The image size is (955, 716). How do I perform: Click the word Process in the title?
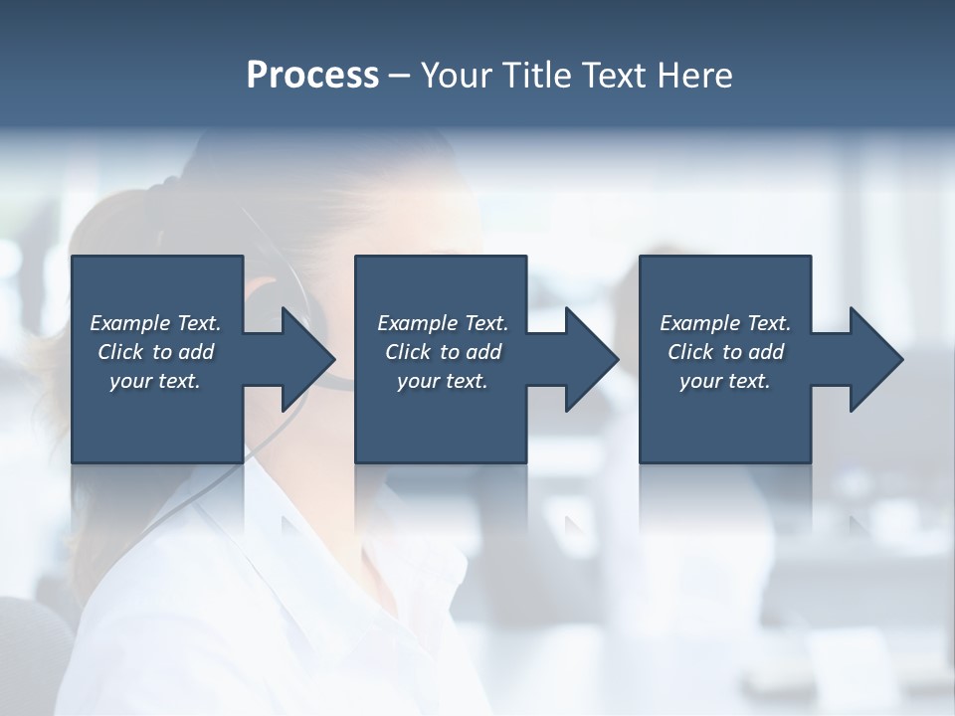click(x=312, y=76)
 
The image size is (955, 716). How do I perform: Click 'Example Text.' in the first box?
click(x=155, y=323)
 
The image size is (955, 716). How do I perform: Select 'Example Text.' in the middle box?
click(x=443, y=323)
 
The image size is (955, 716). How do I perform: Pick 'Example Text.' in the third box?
click(x=725, y=323)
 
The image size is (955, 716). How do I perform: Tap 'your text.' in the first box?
click(x=155, y=381)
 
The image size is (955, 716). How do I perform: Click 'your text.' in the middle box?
click(x=443, y=381)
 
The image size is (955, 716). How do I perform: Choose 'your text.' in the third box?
click(x=725, y=381)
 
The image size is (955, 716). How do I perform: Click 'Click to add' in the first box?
click(x=155, y=352)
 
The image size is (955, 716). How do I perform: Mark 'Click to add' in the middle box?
click(x=443, y=352)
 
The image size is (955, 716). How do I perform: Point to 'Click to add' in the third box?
click(x=725, y=352)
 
